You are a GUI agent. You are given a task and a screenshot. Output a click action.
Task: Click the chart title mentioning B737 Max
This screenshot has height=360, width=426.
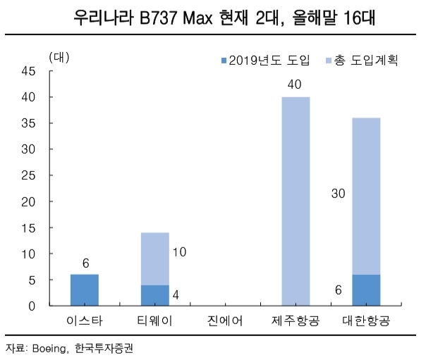[x=214, y=17]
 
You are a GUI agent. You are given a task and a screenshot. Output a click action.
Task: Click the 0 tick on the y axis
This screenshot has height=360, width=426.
[x=32, y=306]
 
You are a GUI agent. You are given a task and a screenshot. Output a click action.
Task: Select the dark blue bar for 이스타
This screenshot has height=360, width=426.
[x=85, y=290]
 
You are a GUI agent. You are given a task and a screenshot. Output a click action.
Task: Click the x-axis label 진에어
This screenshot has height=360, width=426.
[x=226, y=323]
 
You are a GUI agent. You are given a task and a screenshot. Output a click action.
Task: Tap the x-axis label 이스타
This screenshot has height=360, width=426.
[x=85, y=323]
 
